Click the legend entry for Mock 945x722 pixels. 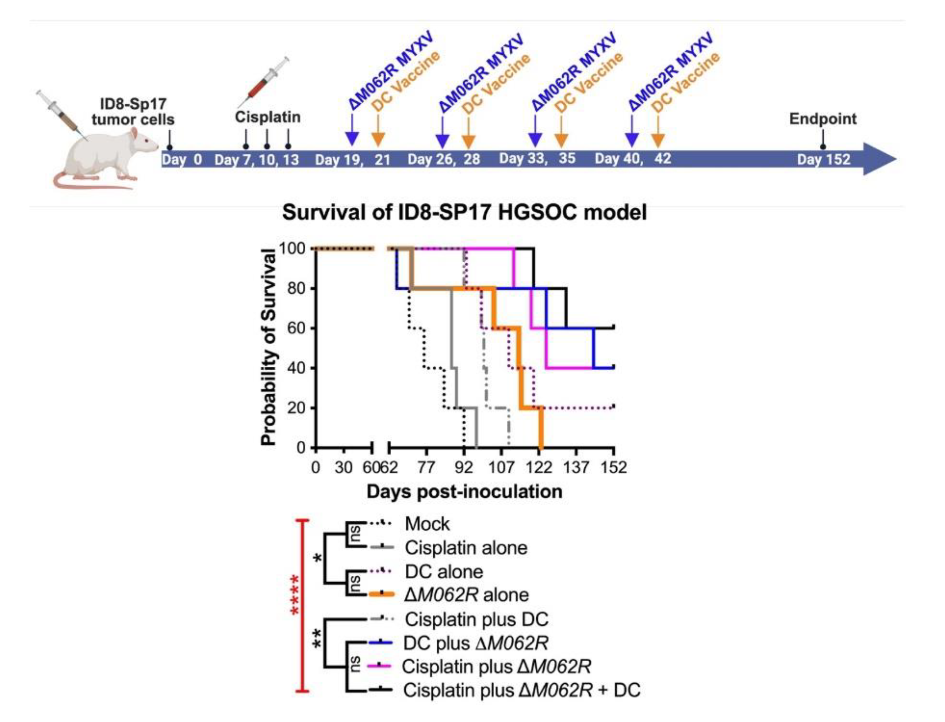tap(427, 524)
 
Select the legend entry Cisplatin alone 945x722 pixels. tap(466, 547)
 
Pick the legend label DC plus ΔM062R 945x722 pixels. tap(476, 643)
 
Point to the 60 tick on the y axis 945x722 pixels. tap(296, 328)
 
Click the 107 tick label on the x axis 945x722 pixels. tap(501, 467)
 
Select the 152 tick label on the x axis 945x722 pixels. tap(613, 467)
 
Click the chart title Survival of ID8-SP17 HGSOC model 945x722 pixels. tap(464, 213)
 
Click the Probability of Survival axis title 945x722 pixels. tap(268, 347)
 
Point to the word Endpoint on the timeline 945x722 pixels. tap(823, 119)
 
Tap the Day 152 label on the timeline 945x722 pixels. tap(823, 159)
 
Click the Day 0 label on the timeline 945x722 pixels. tap(182, 159)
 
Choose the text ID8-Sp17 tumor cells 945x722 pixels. tap(133, 112)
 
